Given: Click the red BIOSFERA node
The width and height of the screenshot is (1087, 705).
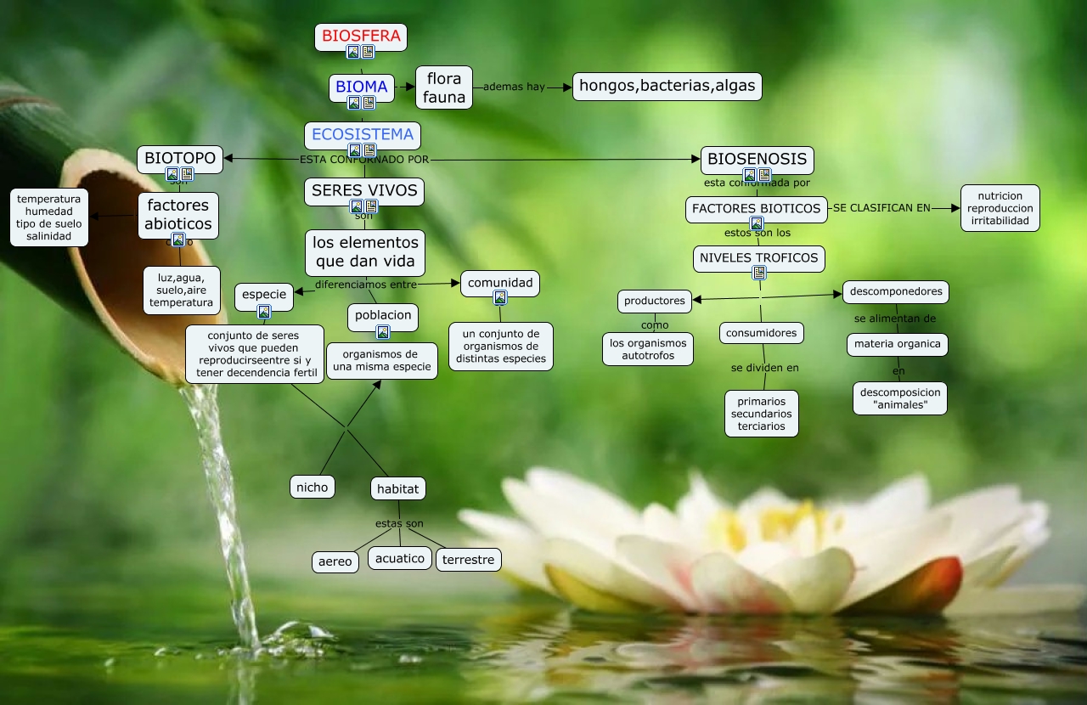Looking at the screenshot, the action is (x=360, y=37).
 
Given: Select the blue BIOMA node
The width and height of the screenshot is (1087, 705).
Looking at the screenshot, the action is (x=361, y=87).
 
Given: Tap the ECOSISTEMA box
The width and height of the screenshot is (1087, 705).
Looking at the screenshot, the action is (x=363, y=134).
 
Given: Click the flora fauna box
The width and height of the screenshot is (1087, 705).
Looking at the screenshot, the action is (x=444, y=87).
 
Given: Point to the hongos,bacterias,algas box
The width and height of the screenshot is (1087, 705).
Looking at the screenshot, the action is (x=667, y=87).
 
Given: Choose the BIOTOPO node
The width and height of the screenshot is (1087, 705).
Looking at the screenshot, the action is (x=180, y=158).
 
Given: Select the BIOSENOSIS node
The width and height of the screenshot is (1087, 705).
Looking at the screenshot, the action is (x=757, y=159).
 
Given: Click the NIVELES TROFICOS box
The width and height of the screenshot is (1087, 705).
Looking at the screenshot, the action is (x=758, y=257).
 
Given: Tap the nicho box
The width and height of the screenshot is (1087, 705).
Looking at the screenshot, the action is (x=312, y=487).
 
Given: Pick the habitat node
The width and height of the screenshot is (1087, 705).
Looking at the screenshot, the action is (x=397, y=488).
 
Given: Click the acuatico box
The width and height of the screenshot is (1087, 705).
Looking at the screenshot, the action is (x=399, y=558).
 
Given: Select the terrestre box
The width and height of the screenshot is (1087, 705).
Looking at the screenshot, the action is (x=468, y=560).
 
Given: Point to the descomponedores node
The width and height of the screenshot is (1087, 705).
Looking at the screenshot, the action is (x=895, y=291).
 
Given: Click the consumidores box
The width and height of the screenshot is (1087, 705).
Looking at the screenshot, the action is (x=762, y=333).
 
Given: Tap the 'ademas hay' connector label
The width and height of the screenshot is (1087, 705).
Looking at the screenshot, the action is (x=514, y=87).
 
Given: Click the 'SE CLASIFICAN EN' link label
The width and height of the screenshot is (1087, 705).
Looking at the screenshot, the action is (x=881, y=208).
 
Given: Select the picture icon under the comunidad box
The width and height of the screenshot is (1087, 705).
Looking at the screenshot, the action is (x=500, y=297).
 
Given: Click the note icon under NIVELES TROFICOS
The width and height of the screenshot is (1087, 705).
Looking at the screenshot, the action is (x=759, y=273).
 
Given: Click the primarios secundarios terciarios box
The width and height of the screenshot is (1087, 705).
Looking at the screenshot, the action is (x=761, y=414).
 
